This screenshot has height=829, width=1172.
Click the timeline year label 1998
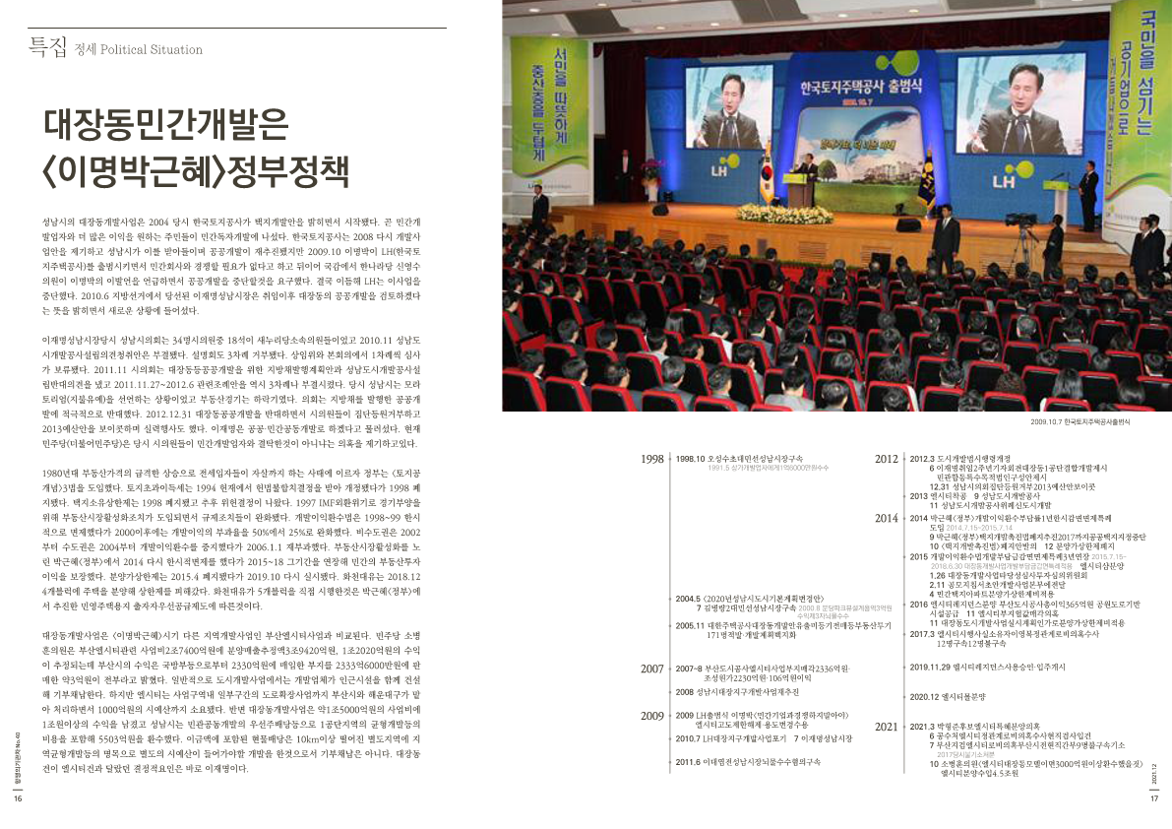[x=651, y=459]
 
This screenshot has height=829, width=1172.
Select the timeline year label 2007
[x=651, y=670]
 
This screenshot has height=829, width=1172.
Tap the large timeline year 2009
[x=651, y=716]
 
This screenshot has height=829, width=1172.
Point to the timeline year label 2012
[x=887, y=459]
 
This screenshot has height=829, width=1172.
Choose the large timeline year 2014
[x=887, y=518]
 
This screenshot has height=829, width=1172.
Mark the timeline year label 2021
[x=887, y=727]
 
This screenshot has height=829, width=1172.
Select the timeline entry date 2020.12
[x=927, y=697]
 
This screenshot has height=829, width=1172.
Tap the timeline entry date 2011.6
[x=689, y=761]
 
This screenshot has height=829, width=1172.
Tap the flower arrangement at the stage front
[x=784, y=212]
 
